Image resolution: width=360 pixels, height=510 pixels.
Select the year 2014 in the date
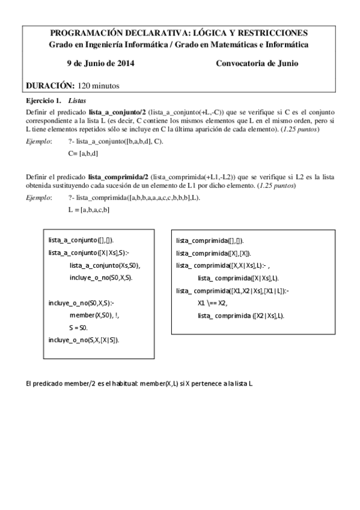click(x=123, y=64)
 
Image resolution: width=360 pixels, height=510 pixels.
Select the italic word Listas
click(x=78, y=101)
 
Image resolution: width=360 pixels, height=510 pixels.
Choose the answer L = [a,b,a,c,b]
click(x=89, y=209)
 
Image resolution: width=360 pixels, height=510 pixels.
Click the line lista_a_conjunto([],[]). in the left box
click(x=81, y=240)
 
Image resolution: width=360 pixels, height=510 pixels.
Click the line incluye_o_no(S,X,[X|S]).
click(x=84, y=340)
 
